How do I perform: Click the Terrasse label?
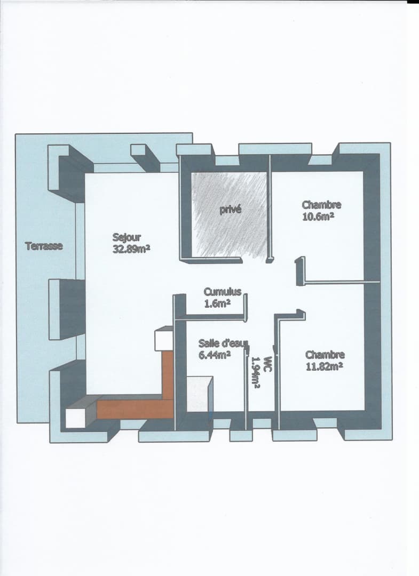tap(44, 246)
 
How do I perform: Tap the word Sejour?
tap(127, 237)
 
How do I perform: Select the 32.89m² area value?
tap(131, 249)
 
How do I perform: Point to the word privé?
tap(231, 210)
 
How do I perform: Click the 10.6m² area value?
tap(318, 217)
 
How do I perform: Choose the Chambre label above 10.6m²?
tap(322, 205)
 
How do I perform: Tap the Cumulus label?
tap(223, 292)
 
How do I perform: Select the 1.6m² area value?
tap(217, 304)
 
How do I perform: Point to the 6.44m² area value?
tap(215, 355)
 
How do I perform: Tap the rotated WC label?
tap(267, 364)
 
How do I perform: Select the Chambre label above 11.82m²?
tap(325, 355)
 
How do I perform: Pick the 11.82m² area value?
tap(325, 366)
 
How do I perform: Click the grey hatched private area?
tap(230, 214)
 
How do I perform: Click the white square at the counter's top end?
tap(163, 338)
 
